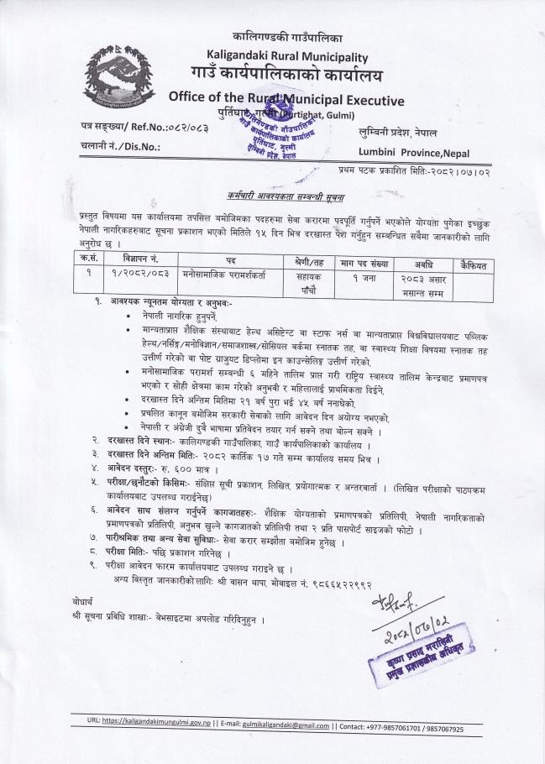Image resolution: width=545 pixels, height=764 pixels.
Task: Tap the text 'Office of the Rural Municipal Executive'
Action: pyautogui.click(x=286, y=100)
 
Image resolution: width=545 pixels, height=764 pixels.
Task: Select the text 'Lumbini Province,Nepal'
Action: pyautogui.click(x=414, y=152)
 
